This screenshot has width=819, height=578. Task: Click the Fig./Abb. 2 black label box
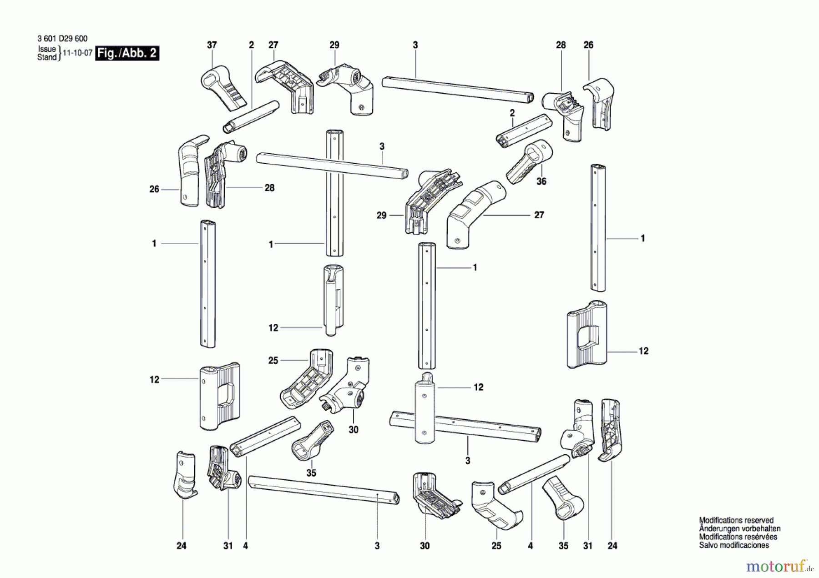tap(127, 53)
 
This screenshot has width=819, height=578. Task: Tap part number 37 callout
tap(212, 45)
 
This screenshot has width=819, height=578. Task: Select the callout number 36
tap(541, 181)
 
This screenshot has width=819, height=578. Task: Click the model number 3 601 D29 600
tap(62, 39)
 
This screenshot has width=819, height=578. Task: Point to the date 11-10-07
tap(77, 53)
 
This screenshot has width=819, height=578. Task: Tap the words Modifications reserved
tap(736, 520)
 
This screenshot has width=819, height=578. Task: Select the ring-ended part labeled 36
tap(529, 162)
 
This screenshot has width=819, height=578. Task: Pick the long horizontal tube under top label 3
tap(457, 90)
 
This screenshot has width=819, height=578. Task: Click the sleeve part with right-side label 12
tap(587, 334)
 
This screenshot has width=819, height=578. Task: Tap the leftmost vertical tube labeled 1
tap(208, 284)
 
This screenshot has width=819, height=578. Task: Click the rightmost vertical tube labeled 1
tap(598, 227)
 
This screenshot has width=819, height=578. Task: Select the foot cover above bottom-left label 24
tap(185, 475)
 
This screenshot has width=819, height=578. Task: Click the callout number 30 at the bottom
tap(425, 546)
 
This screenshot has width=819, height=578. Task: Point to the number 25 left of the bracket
tap(273, 360)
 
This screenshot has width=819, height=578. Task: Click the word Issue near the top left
tap(47, 49)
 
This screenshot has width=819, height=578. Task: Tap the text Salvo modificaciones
tap(733, 545)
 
